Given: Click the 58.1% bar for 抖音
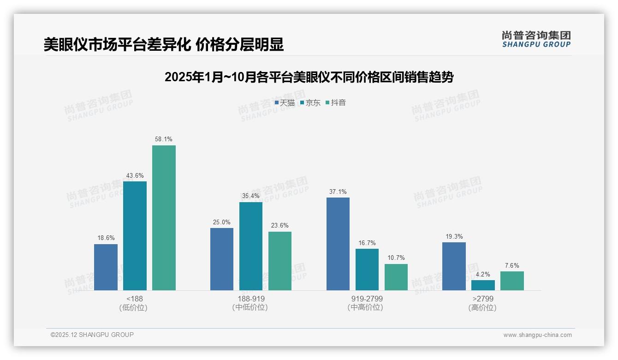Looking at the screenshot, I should tap(164, 218).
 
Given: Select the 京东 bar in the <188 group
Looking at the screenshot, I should tap(135, 236).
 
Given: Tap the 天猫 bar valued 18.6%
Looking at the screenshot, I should tap(106, 267).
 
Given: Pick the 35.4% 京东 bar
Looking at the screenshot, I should tap(251, 246).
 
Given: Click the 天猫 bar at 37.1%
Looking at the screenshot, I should tap(338, 244).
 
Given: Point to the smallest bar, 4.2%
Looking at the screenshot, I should tap(483, 285).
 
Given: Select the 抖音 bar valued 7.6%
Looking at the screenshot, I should tap(512, 281).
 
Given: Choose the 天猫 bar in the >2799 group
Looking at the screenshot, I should tap(454, 266).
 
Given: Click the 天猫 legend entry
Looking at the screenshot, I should tap(285, 103).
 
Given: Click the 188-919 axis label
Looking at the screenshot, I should tap(251, 299).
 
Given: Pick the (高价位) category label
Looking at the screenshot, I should tap(482, 307).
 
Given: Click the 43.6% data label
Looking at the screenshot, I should tap(135, 175).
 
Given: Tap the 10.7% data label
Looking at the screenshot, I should tap(396, 258).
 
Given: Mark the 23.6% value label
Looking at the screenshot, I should tap(280, 226).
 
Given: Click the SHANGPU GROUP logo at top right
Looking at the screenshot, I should tap(536, 39).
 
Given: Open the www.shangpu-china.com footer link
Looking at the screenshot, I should tap(537, 335).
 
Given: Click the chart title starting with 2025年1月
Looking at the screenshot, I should tap(309, 77).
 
